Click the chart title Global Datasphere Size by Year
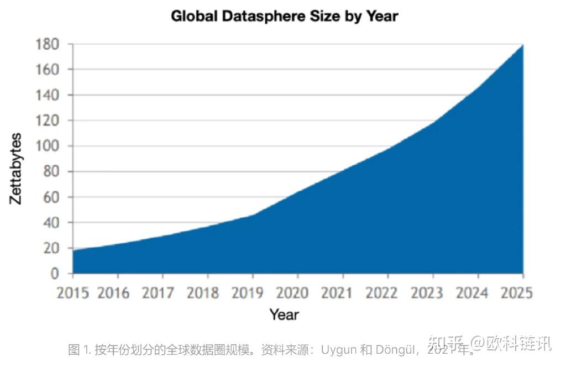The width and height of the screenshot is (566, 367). (x=284, y=16)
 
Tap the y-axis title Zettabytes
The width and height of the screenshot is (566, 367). (x=16, y=169)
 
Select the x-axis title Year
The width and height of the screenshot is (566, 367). (x=284, y=314)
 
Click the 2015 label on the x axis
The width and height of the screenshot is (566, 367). (x=73, y=292)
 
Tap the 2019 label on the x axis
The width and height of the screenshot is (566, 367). (x=253, y=292)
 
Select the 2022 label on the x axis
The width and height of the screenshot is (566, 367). (x=388, y=292)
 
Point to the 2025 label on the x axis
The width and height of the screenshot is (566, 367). (x=516, y=292)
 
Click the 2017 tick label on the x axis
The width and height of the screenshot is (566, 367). (x=163, y=292)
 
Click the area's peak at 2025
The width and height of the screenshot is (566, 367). (x=522, y=45)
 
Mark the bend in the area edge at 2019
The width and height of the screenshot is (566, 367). (x=253, y=215)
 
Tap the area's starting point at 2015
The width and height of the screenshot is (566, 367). (x=74, y=250)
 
